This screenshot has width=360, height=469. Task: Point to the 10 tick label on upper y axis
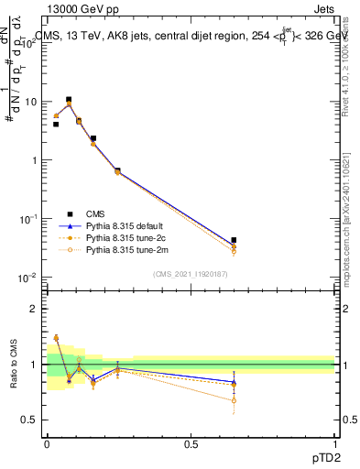[32, 102]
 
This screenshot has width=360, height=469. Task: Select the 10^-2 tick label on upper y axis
[29, 277]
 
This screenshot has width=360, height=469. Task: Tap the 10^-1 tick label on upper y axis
[29, 218]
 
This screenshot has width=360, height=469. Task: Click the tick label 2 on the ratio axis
[35, 310]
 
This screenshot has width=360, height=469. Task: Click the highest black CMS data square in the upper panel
[69, 99]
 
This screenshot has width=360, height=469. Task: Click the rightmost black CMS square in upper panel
[234, 240]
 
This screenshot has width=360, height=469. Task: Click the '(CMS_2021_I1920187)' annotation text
[191, 273]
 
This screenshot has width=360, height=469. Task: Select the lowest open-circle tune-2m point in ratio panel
[234, 400]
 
